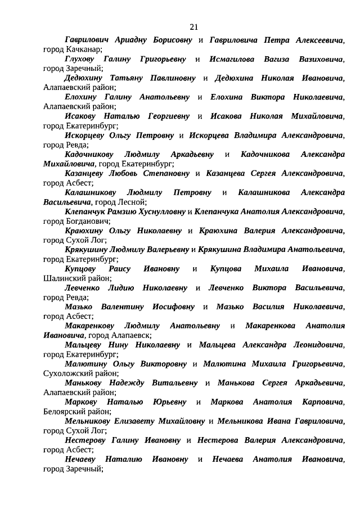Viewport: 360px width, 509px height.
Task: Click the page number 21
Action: [x=194, y=27]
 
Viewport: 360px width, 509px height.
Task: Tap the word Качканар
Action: [x=85, y=50]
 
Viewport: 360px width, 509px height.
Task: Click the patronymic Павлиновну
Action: [x=167, y=78]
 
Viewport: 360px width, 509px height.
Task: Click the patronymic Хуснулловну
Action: [x=163, y=211]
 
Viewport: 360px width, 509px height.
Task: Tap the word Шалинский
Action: [x=63, y=278]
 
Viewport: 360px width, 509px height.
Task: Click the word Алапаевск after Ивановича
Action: [x=128, y=335]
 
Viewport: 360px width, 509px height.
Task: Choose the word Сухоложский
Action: [x=67, y=373]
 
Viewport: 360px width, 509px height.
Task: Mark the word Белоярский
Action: [x=66, y=411]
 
